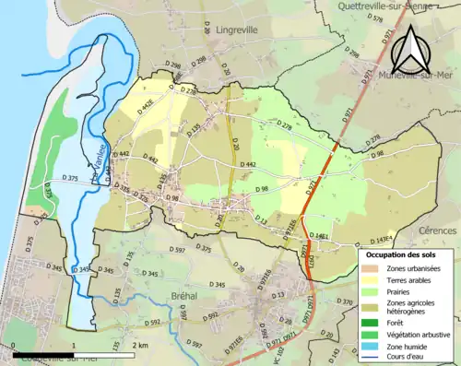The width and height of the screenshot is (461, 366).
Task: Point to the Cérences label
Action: point(437,229)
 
